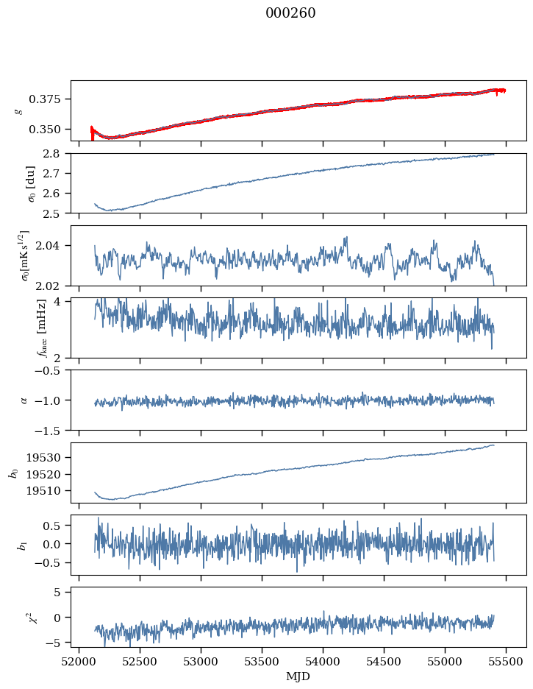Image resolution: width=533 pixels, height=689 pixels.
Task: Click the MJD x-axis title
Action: (x=298, y=676)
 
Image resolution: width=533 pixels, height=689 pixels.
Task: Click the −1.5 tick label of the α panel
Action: (x=51, y=430)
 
